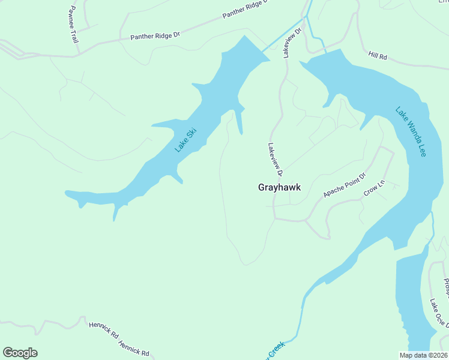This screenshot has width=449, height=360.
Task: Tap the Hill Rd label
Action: [x=378, y=56]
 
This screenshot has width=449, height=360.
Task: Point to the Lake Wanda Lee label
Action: [x=411, y=131]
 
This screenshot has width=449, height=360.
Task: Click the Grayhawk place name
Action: [x=279, y=187]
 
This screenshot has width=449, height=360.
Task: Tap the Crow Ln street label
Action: [x=373, y=189]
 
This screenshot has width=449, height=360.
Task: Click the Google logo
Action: [x=20, y=352]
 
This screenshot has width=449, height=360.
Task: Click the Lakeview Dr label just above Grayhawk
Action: [x=275, y=159]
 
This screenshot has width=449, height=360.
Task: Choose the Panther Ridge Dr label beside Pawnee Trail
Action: [x=155, y=36]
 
